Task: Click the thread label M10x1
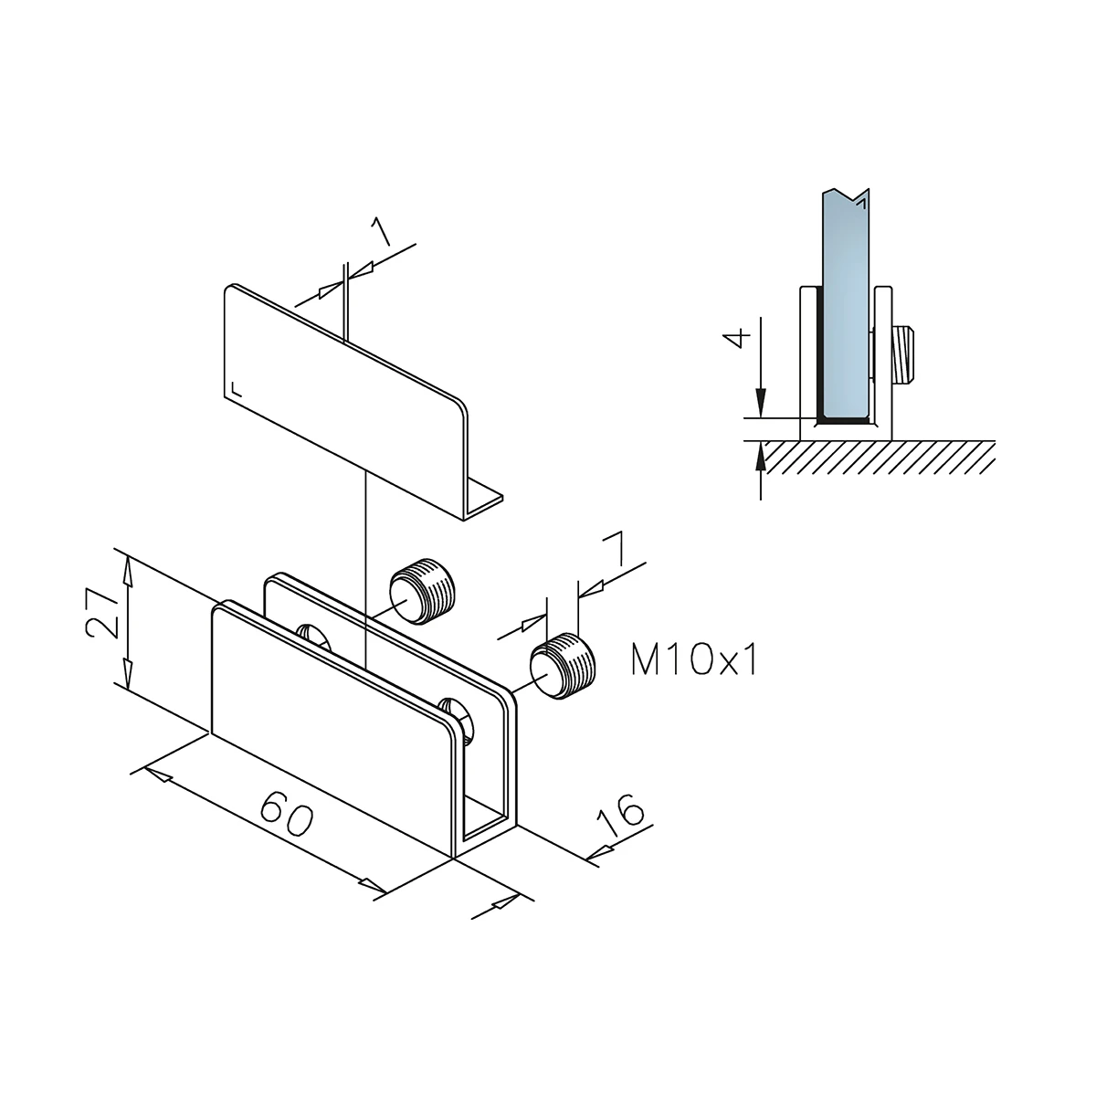click(x=694, y=659)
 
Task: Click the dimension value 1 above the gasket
click(x=381, y=232)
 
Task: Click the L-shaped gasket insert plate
click(x=338, y=384)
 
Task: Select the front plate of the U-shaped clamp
click(x=329, y=722)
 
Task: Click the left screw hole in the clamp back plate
click(x=313, y=636)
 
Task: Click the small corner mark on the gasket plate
click(x=237, y=388)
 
